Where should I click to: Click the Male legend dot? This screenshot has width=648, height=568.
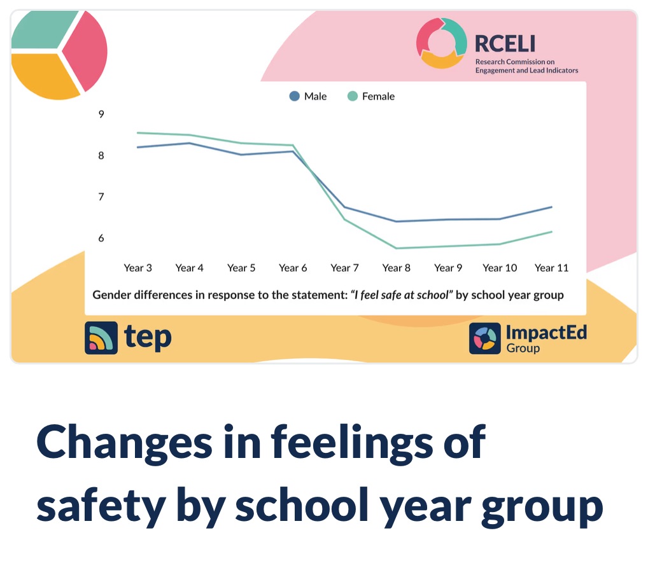point(294,97)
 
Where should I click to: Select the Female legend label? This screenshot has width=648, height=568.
point(378,97)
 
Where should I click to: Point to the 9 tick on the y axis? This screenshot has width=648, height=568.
point(101,114)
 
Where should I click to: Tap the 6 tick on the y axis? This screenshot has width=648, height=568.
point(101,238)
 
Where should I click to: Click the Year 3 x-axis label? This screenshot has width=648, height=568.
point(137,268)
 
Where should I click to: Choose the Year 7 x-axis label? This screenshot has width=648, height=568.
point(344,268)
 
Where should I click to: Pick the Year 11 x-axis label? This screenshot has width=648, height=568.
point(551,268)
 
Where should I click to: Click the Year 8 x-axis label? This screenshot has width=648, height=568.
point(397,268)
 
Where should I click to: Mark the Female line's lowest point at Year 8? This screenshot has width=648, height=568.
point(397,248)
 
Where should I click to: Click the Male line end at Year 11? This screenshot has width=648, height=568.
point(551,207)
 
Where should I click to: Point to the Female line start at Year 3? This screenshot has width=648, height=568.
point(137,133)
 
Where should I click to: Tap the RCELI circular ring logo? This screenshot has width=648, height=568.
point(442,43)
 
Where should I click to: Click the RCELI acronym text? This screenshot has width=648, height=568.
point(505,43)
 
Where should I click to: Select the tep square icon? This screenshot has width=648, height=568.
point(101,338)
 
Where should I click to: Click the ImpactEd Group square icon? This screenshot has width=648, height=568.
point(485,338)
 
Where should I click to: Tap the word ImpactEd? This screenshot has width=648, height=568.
point(546,332)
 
